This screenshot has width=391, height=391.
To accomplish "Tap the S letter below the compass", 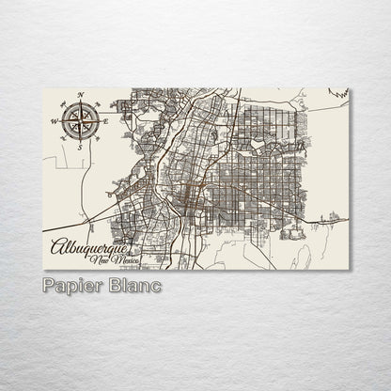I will tap(81, 147).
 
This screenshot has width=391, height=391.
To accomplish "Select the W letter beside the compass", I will tap(55, 121).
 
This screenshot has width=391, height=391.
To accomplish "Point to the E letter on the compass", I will tap(106, 121).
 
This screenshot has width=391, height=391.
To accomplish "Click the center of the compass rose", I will tap(81, 121).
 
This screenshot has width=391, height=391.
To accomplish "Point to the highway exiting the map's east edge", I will tap(343, 222).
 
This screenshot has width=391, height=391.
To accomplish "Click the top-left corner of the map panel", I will tap(43, 89).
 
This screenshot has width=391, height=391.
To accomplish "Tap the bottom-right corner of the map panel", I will tap(349, 270).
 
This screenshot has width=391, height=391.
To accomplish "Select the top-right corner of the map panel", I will tap(349, 89).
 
